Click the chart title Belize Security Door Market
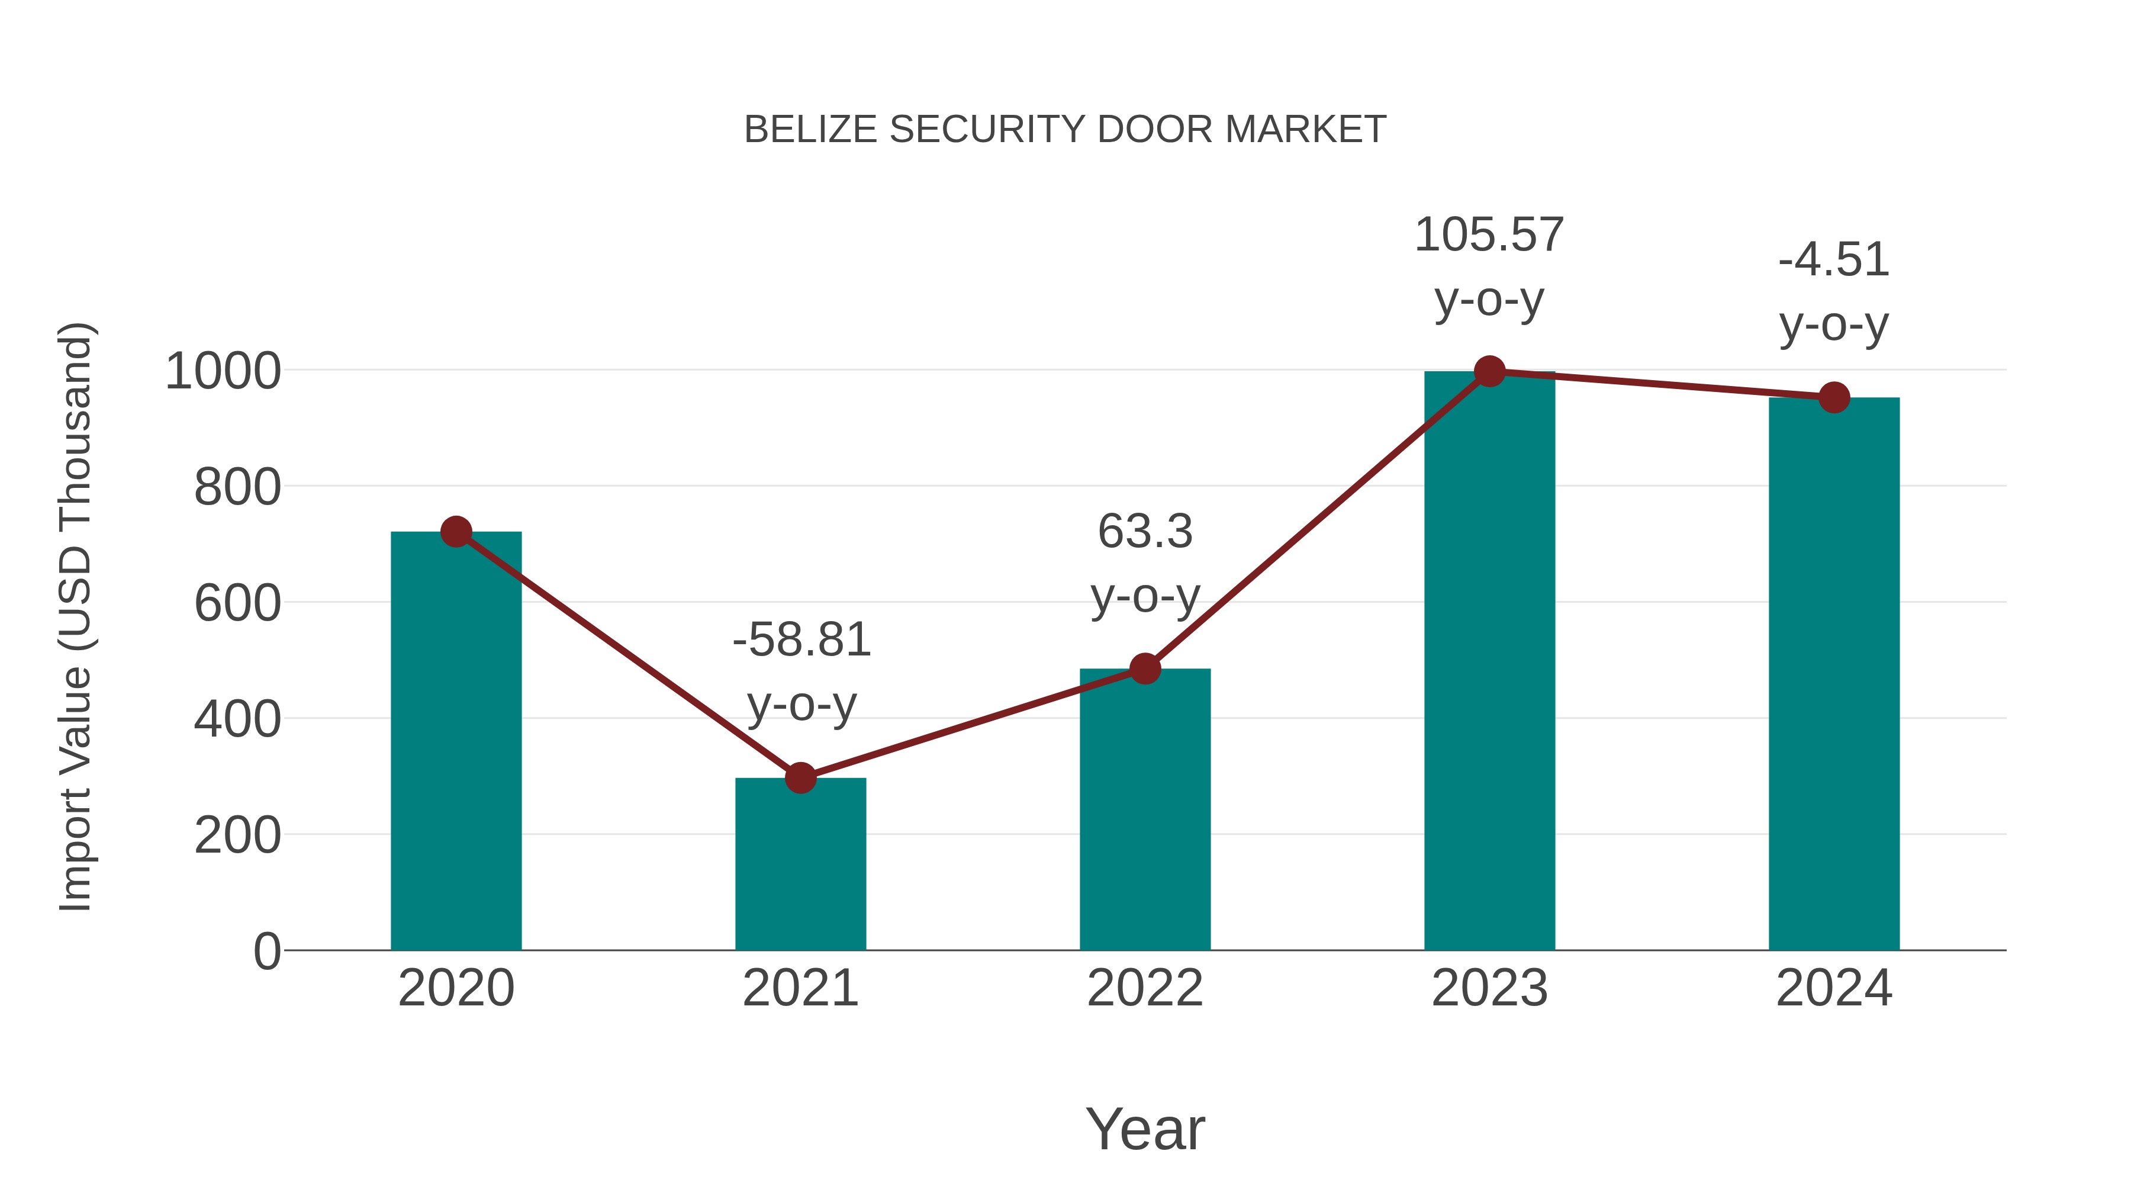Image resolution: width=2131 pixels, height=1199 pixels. coord(1065,130)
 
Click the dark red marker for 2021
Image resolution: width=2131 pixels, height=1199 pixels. coord(800,778)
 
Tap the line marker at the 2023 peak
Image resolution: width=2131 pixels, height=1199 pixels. coord(1489,371)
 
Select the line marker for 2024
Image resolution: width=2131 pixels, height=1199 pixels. coord(1834,398)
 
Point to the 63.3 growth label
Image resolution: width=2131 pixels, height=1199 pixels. coord(1145,532)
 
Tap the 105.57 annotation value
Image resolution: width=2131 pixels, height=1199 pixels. coord(1489,235)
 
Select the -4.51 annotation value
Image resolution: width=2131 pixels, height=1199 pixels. coord(1834,261)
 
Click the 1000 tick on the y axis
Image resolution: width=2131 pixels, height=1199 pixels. coord(223,371)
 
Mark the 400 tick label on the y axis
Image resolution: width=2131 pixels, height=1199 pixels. coord(237,719)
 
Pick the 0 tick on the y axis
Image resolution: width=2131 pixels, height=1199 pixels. coord(266,951)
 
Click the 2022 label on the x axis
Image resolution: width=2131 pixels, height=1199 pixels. coord(1145,988)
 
